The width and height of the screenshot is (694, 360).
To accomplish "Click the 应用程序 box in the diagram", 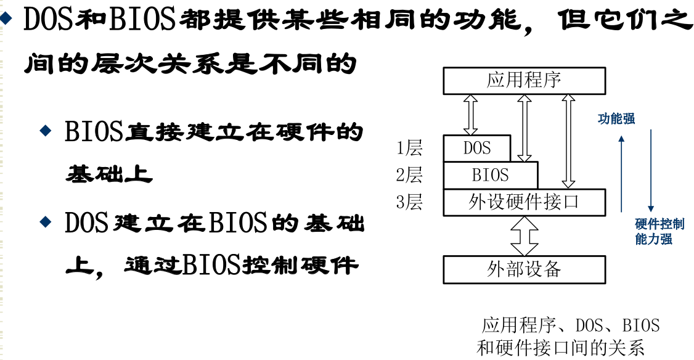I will [524, 80].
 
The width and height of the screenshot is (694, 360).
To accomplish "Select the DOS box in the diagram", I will [477, 148].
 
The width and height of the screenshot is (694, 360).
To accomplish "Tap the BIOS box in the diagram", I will [491, 175].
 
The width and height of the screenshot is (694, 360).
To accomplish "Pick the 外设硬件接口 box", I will [524, 202].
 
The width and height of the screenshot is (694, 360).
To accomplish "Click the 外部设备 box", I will [524, 269].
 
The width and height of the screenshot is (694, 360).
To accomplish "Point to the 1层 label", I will [409, 148].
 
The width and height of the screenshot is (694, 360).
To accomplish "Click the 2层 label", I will [409, 175].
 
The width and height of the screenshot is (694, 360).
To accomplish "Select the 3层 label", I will [409, 202].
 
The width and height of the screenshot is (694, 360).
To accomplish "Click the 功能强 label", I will [616, 119].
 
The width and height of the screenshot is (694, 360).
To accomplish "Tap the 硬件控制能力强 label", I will [659, 231].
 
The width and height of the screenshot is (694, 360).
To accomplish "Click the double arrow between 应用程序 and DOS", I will [470, 115].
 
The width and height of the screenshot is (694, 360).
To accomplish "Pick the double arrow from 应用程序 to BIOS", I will [525, 128].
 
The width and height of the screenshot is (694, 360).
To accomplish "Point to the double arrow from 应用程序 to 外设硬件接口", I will [568, 141].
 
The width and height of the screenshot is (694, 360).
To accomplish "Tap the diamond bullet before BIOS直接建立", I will [44, 130].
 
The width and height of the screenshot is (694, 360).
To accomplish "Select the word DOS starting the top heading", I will [49, 21].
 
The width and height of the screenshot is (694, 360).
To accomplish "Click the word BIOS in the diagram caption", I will [641, 325].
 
